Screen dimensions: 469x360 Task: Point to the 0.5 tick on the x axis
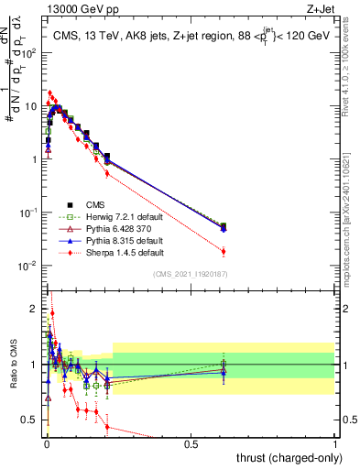click(x=191, y=442)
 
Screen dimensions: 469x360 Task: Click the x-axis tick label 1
click(x=336, y=442)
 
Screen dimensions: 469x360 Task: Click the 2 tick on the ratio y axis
click(x=34, y=309)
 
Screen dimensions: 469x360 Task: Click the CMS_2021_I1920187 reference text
click(x=191, y=274)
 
